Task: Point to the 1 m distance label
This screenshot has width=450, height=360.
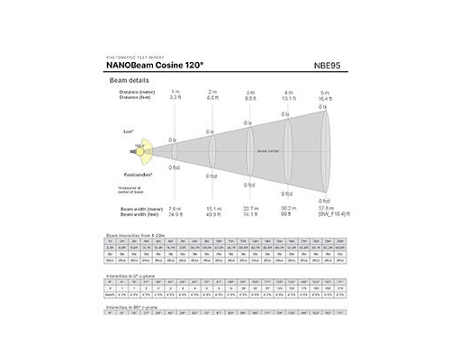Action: pyautogui.click(x=175, y=92)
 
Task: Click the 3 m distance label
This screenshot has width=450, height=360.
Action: pyautogui.click(x=250, y=92)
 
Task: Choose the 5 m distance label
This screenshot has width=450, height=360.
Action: pyautogui.click(x=325, y=92)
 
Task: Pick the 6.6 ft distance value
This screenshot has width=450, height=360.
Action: pyautogui.click(x=213, y=97)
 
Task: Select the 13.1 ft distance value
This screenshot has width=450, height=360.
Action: pyautogui.click(x=288, y=97)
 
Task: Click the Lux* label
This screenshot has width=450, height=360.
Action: pyautogui.click(x=129, y=131)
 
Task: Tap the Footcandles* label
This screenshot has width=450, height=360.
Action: pyautogui.click(x=137, y=174)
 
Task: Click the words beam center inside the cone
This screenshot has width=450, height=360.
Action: pyautogui.click(x=267, y=152)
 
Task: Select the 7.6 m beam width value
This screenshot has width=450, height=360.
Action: pyautogui.click(x=175, y=208)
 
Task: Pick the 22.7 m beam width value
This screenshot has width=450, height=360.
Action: pyautogui.click(x=250, y=208)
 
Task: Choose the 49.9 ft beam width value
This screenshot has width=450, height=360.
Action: pyautogui.click(x=213, y=214)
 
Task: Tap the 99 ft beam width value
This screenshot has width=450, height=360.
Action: pyautogui.click(x=287, y=214)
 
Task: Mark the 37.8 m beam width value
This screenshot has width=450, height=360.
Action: pyautogui.click(x=325, y=208)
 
